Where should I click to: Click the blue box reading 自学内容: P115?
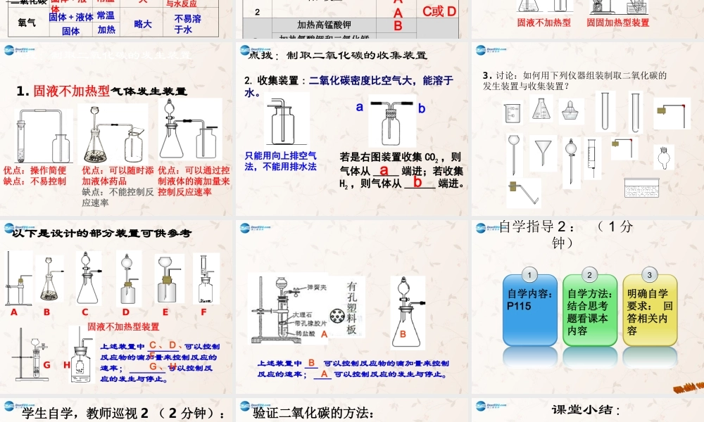point(529,310)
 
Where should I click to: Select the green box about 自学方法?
point(589,310)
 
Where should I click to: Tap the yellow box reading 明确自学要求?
point(649,310)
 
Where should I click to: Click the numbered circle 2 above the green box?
point(589,274)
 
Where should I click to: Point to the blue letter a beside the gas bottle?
point(359,108)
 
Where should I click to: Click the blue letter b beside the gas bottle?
point(422,108)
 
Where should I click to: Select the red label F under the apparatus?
point(203,312)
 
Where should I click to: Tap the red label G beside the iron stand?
point(47,364)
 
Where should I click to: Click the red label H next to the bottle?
point(67,364)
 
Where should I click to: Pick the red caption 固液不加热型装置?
point(123,326)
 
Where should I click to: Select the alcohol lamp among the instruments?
point(571,111)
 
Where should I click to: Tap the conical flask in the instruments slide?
point(541,109)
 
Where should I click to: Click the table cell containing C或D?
point(439,11)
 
